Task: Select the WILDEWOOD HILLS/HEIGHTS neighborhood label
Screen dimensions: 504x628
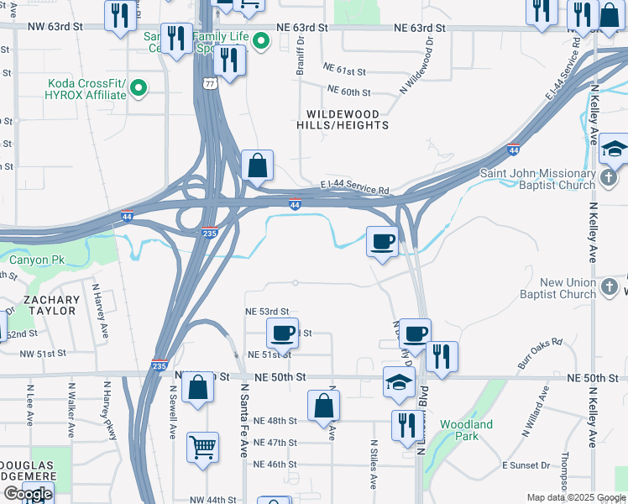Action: [x=343, y=119]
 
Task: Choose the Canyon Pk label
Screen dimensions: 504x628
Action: [x=36, y=260]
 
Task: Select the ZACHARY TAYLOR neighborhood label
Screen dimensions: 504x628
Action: [x=51, y=305]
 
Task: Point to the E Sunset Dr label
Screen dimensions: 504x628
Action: [x=526, y=465]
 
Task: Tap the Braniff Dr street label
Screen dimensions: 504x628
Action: [x=299, y=60]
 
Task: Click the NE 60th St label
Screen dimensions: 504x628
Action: [x=348, y=90]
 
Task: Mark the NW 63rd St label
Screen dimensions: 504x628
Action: [x=54, y=27]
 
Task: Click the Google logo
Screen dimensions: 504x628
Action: [x=28, y=494]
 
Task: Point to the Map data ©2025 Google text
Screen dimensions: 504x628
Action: [x=576, y=497]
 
